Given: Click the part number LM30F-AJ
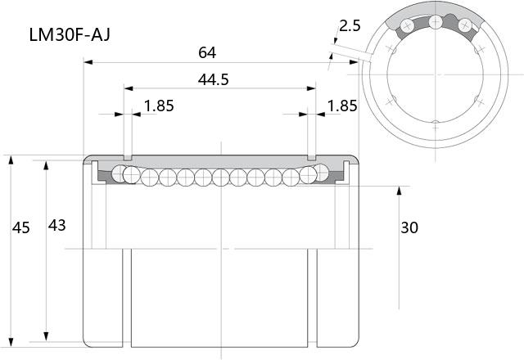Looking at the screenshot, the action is coord(70,34).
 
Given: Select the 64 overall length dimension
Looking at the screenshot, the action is coord(207,52).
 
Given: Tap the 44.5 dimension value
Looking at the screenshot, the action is coord(213,79).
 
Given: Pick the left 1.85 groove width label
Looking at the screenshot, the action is coord(159,106).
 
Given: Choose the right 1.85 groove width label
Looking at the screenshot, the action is coord(342,106).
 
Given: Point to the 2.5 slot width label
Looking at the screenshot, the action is coord(350,25).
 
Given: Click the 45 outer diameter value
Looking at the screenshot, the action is coord(21,227).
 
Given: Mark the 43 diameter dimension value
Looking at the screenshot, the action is coord(56,226).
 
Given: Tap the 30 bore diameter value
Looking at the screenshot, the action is coord(409,227).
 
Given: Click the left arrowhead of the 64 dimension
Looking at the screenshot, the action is coord(88,62).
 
